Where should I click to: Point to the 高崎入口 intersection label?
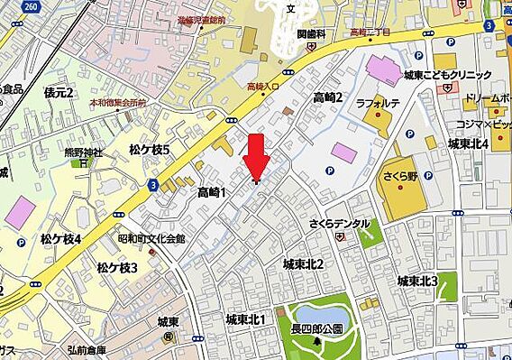[x=264, y=86]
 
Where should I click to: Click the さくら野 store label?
[x=399, y=175]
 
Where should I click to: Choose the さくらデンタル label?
[x=339, y=222]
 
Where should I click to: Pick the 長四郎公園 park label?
[x=316, y=329]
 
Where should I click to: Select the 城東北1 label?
[x=245, y=319]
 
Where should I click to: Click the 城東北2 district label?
[x=303, y=264]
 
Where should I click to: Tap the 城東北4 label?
[x=469, y=143]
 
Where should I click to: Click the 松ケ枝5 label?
[x=149, y=150]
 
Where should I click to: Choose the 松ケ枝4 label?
[x=60, y=238]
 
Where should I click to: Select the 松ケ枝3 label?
[x=116, y=268]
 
